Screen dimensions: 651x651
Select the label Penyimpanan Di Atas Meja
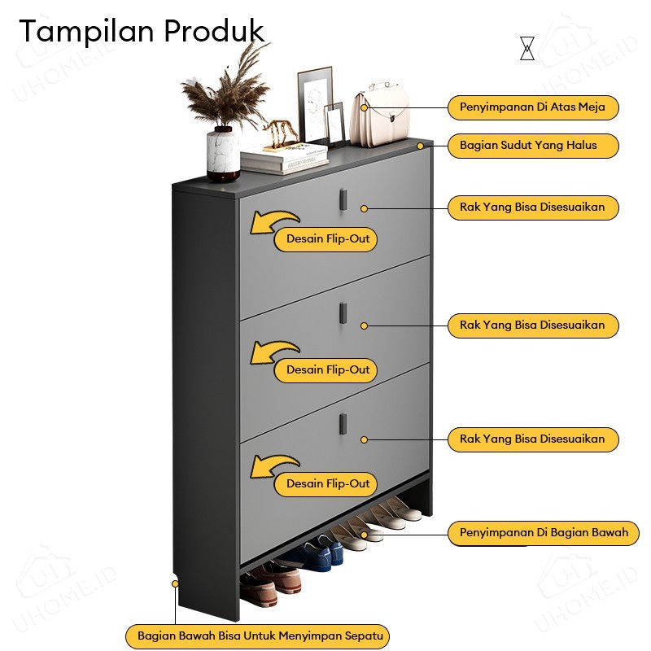point(532,107)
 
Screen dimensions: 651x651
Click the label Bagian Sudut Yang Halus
point(532,146)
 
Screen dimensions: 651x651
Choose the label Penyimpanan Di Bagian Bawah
point(544,533)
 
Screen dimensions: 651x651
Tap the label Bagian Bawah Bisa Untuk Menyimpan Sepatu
point(257,636)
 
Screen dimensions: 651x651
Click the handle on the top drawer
point(343,197)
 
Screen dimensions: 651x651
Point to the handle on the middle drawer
point(343,311)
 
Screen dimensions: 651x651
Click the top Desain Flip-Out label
point(328,239)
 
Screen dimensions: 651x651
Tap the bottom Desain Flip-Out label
point(328,483)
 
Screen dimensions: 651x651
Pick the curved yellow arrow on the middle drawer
point(273,352)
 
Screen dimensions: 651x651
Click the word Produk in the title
point(215,32)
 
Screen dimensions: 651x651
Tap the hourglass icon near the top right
point(527,48)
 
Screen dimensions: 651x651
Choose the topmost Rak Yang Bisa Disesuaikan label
point(532,208)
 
